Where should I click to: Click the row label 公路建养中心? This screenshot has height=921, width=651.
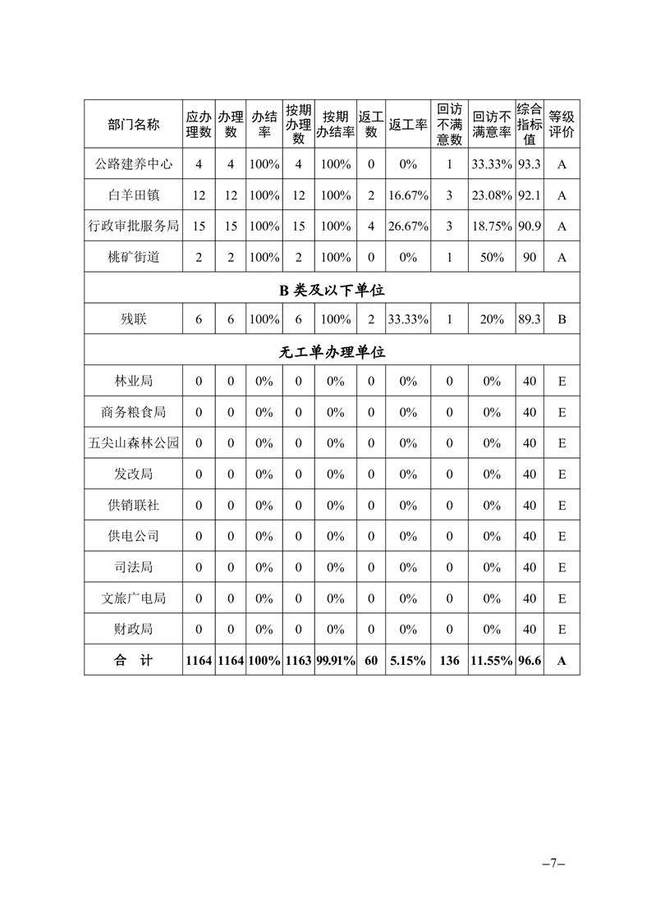click(x=133, y=164)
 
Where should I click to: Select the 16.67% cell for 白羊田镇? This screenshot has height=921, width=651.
click(x=409, y=195)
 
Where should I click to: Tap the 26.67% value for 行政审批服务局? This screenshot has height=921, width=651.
click(x=409, y=227)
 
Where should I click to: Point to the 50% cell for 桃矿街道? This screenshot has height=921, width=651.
click(x=492, y=257)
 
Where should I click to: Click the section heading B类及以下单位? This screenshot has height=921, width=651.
click(x=332, y=289)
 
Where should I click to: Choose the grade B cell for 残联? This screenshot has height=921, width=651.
click(x=562, y=320)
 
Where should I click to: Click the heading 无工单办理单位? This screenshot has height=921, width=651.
click(x=332, y=351)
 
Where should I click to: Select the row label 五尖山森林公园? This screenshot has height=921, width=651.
click(x=133, y=443)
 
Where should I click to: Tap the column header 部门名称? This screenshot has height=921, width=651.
click(x=133, y=124)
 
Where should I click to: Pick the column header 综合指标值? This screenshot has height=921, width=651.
click(x=530, y=124)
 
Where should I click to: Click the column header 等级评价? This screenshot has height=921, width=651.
click(x=562, y=124)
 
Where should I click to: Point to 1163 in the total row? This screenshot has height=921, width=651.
click(x=298, y=660)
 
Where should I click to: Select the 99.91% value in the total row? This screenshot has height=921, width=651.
click(x=335, y=660)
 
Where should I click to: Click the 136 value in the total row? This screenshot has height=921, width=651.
click(x=449, y=660)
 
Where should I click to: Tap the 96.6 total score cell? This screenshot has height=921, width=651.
click(x=530, y=660)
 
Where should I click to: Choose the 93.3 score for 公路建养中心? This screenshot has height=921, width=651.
click(x=530, y=164)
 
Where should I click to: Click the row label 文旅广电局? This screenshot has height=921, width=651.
click(x=133, y=598)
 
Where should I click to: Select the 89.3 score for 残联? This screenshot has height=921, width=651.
click(x=530, y=320)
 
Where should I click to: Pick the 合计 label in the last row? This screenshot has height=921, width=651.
click(x=133, y=660)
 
